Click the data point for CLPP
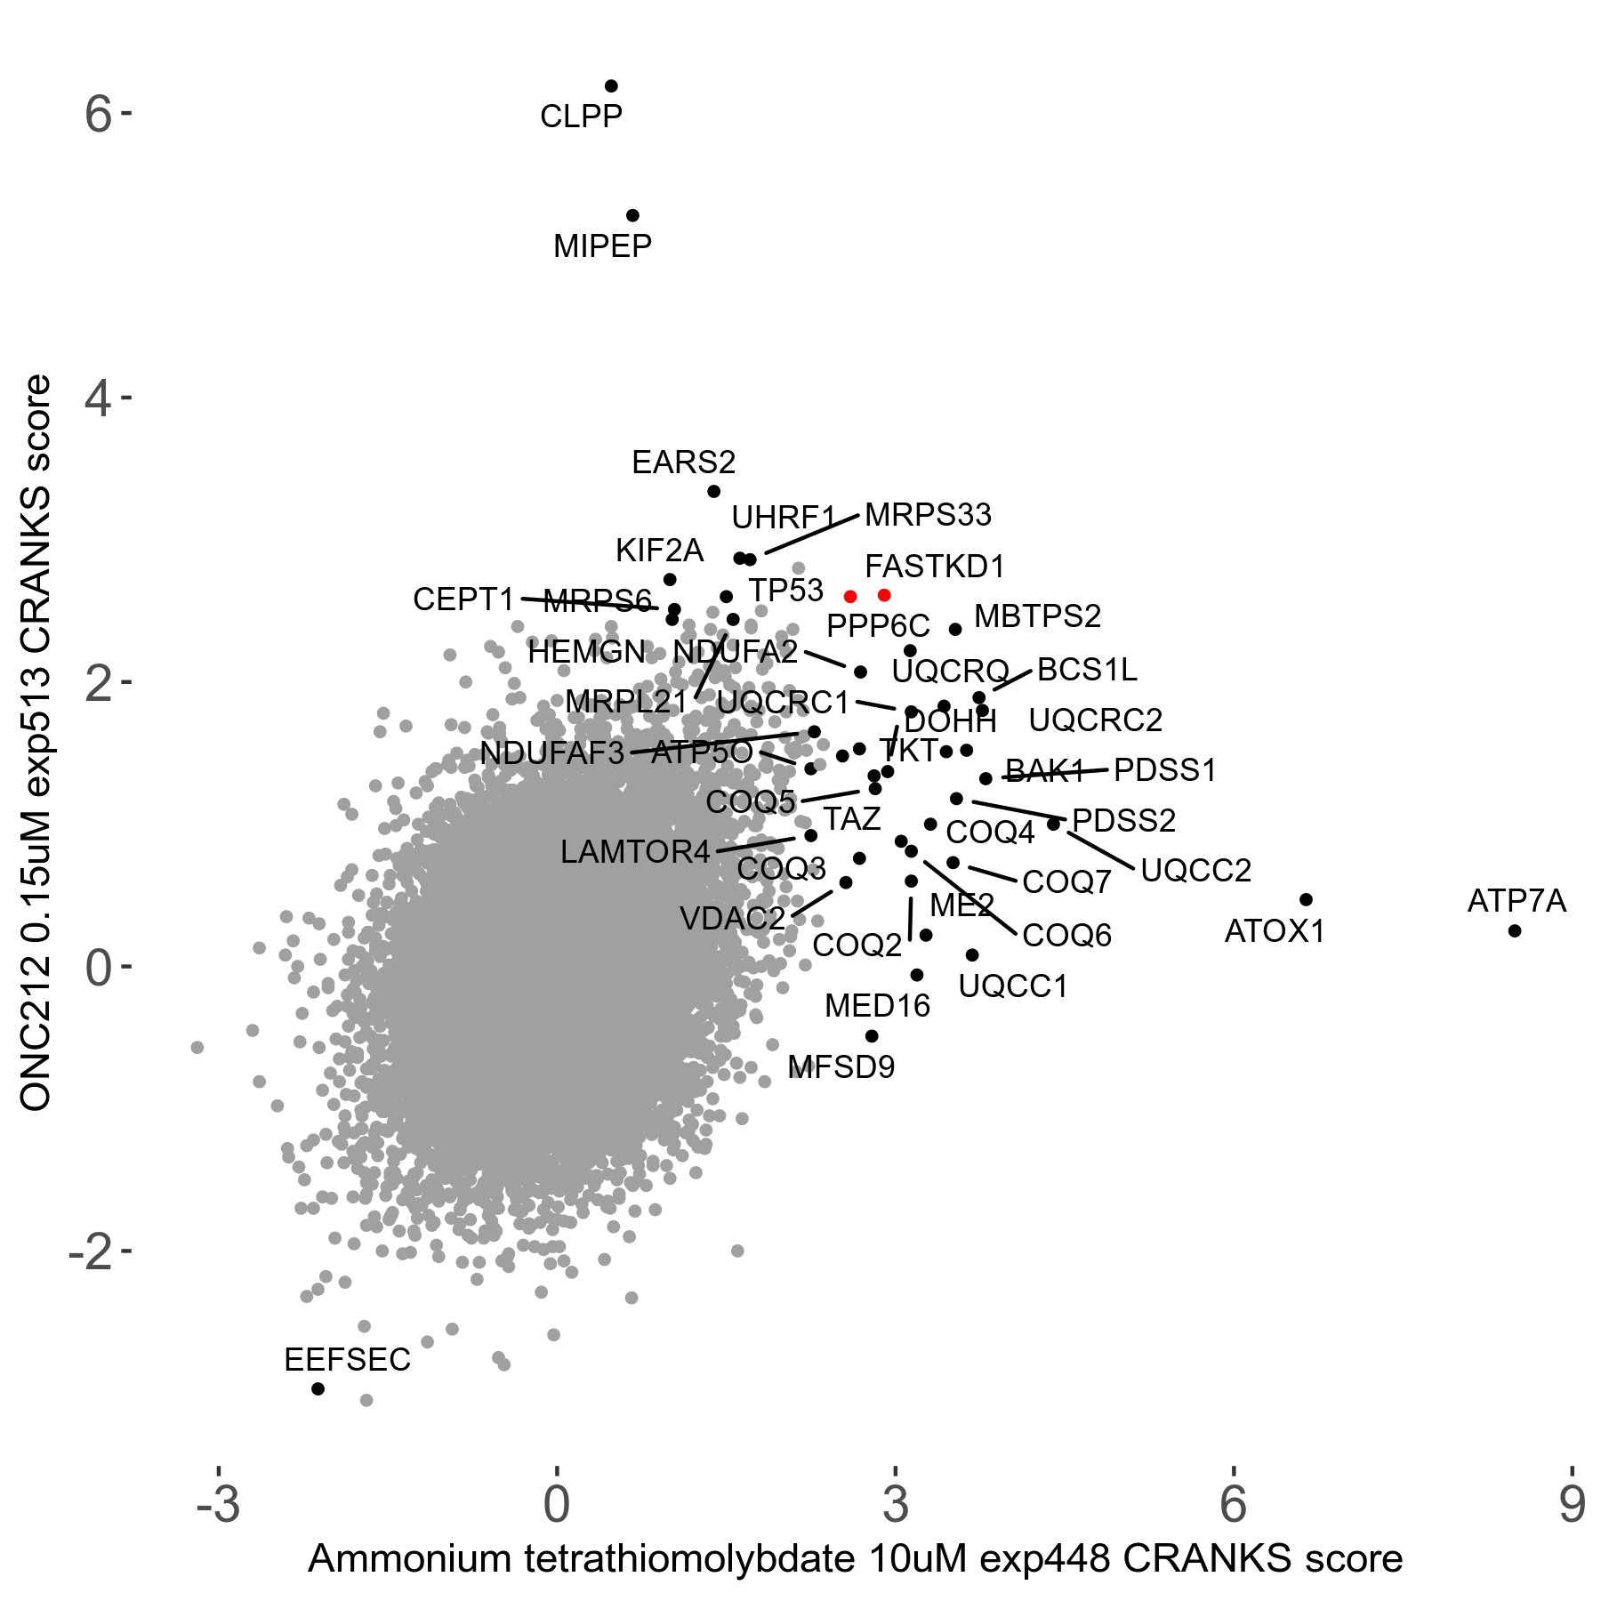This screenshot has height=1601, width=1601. (611, 86)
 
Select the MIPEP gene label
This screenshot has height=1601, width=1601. (602, 246)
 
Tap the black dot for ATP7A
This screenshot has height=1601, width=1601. (1515, 931)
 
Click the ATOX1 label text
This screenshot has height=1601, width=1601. (1275, 932)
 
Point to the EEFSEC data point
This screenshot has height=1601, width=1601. (318, 1388)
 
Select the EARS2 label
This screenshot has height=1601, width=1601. (683, 463)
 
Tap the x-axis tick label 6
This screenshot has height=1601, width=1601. (1234, 1504)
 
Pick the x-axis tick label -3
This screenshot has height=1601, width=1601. (218, 1504)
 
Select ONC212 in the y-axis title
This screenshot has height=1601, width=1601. (36, 1058)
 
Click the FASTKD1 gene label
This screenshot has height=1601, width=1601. (935, 567)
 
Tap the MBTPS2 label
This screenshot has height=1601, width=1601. (1037, 616)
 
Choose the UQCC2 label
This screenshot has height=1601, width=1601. (1195, 870)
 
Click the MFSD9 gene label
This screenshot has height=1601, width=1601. (841, 1067)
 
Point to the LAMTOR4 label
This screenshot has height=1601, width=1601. (635, 852)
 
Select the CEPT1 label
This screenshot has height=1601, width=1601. (463, 599)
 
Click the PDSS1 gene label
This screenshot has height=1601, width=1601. (1164, 770)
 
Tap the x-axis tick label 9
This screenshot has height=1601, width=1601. (1572, 1504)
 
